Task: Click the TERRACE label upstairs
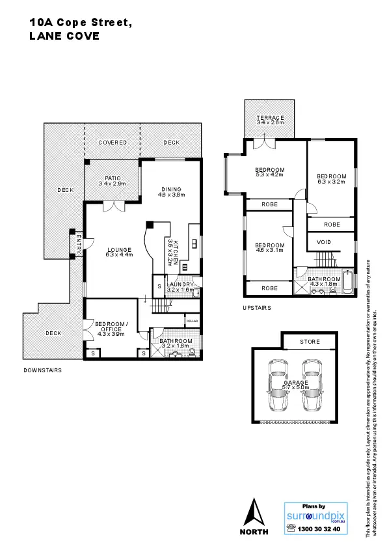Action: pyautogui.click(x=270, y=117)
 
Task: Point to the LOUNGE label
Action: pyautogui.click(x=119, y=249)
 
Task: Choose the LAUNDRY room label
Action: pyautogui.click(x=179, y=284)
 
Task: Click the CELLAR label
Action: pyautogui.click(x=192, y=321)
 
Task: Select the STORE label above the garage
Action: pyautogui.click(x=310, y=341)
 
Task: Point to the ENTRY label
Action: pyautogui.click(x=78, y=245)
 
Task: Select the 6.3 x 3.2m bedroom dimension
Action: pyautogui.click(x=331, y=182)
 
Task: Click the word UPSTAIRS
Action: pyautogui.click(x=257, y=307)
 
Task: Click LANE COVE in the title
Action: pyautogui.click(x=64, y=36)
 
